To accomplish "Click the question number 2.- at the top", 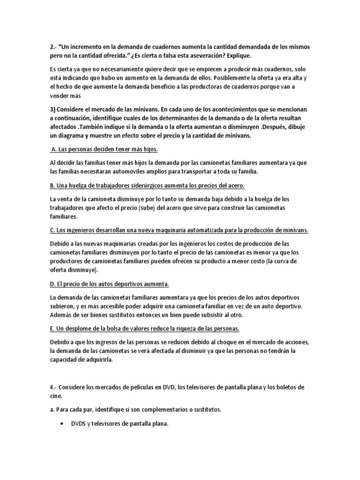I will coord(53,48).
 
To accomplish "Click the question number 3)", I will coord(53,109).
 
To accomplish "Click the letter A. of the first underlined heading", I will coord(53,149).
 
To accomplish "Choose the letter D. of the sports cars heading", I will coord(52,284).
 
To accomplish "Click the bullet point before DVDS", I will coord(63,424).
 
